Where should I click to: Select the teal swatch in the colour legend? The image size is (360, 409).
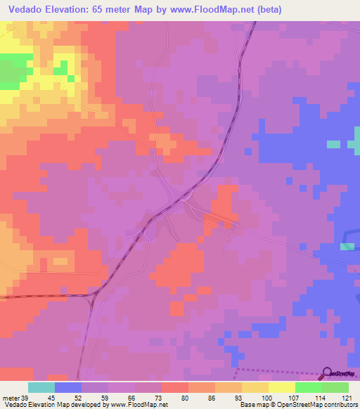coord(41,387)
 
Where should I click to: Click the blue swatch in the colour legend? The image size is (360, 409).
coord(68,387)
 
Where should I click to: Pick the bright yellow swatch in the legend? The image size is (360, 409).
coord(281,387)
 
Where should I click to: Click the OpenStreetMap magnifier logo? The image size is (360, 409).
coord(328,373)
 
